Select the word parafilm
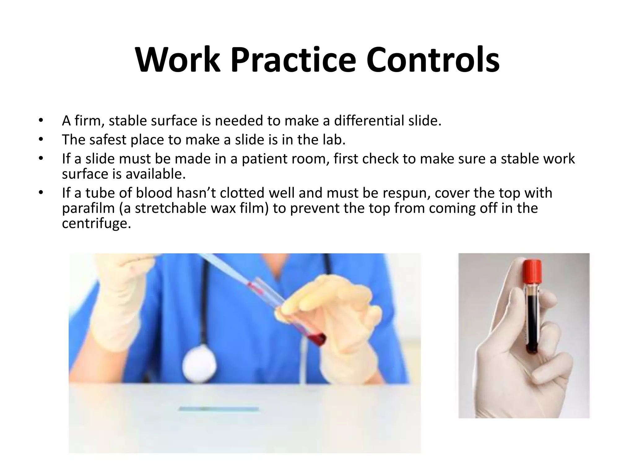pyautogui.click(x=88, y=208)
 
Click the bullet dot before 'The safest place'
pyautogui.click(x=40, y=140)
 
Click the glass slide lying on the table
pyautogui.click(x=219, y=409)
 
